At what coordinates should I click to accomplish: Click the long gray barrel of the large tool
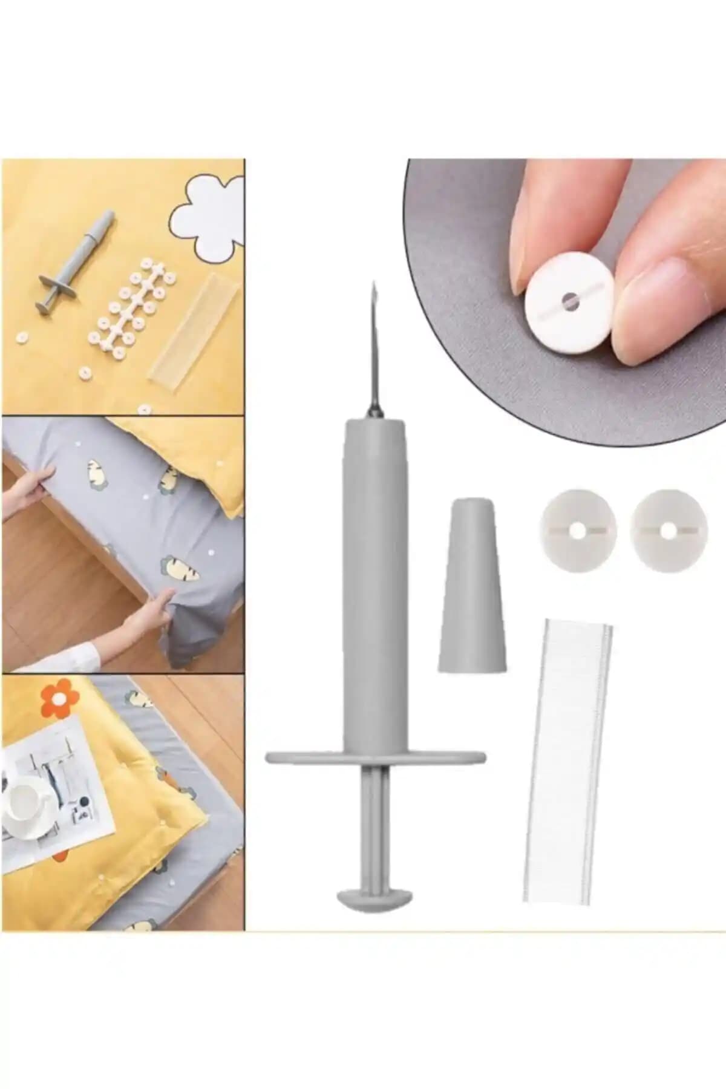coord(375,581)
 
